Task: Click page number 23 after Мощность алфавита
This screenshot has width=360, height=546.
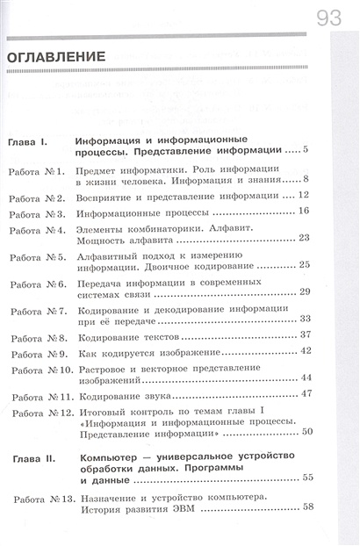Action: tap(305, 238)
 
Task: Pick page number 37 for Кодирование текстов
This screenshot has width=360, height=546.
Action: tap(306, 334)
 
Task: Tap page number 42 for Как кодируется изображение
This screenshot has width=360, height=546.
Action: tap(306, 350)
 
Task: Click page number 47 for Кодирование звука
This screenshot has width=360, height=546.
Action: tap(306, 392)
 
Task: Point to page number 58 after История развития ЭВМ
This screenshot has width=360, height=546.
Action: tap(307, 507)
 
